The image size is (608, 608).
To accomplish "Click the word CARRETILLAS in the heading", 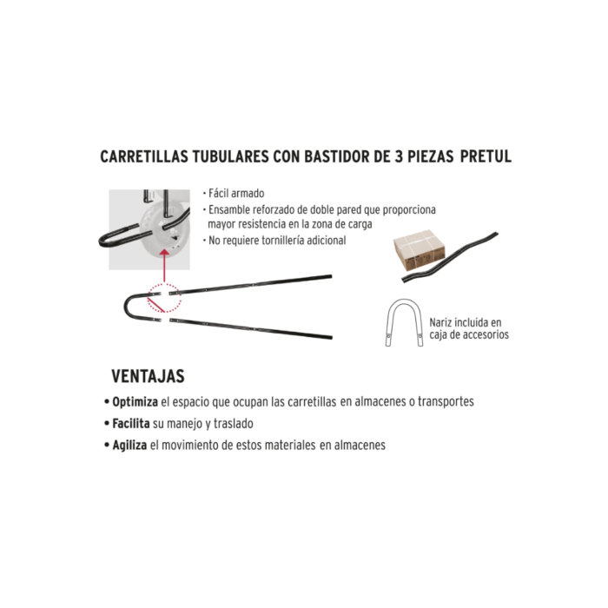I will [x=144, y=157].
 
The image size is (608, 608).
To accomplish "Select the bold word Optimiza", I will [x=134, y=403].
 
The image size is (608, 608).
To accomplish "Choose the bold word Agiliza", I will [x=129, y=445].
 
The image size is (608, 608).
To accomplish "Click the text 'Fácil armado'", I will [x=235, y=194].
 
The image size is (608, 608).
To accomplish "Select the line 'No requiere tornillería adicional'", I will [x=276, y=241].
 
